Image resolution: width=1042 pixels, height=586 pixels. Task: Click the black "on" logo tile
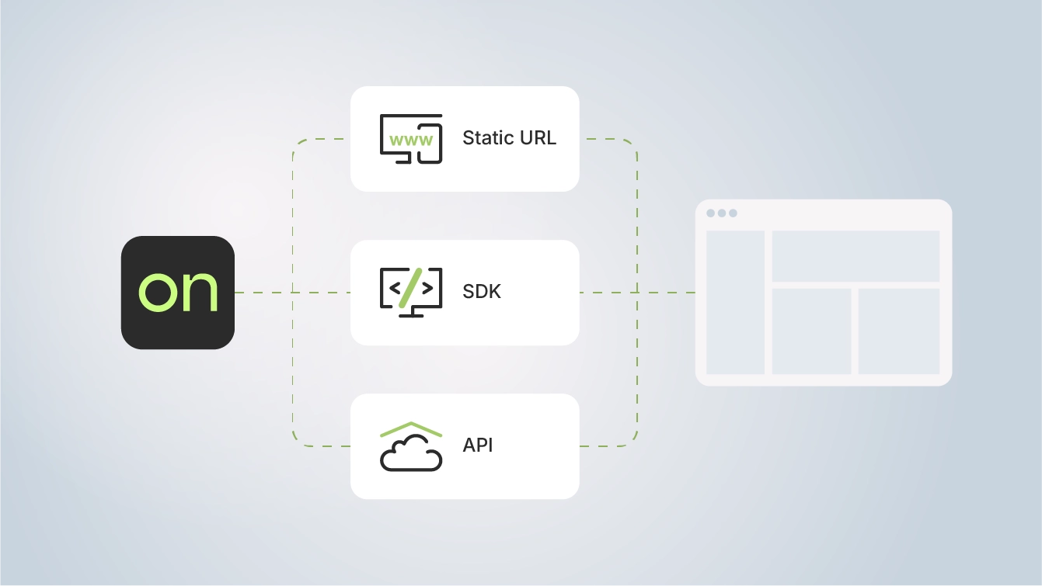(x=178, y=293)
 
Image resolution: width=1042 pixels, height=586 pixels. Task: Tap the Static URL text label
(x=510, y=138)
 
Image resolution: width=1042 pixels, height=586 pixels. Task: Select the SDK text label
(x=482, y=291)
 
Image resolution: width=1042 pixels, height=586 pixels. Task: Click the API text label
(x=478, y=446)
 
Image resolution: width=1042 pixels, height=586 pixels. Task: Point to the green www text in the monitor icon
(x=411, y=140)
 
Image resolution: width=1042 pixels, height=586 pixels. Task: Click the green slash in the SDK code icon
(x=410, y=288)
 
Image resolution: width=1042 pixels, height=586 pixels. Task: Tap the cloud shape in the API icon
(x=411, y=453)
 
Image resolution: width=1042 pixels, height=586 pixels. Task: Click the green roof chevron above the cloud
(x=411, y=429)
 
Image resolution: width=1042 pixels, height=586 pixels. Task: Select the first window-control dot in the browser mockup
(x=711, y=213)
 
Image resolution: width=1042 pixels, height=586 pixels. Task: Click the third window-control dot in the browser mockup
(x=733, y=213)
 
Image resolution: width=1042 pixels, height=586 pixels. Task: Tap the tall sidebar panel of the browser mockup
(x=735, y=302)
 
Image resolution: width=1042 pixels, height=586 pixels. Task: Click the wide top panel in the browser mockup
(x=856, y=256)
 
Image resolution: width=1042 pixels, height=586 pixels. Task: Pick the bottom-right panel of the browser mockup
(x=899, y=331)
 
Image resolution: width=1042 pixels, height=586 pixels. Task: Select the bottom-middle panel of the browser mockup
(x=812, y=331)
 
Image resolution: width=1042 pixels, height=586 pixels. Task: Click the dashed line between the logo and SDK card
(x=293, y=293)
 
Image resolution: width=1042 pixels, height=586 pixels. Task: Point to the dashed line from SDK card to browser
(x=637, y=293)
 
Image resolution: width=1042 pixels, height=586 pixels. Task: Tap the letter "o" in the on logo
(x=159, y=293)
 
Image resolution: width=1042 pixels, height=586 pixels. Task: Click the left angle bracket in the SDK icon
(x=395, y=289)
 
